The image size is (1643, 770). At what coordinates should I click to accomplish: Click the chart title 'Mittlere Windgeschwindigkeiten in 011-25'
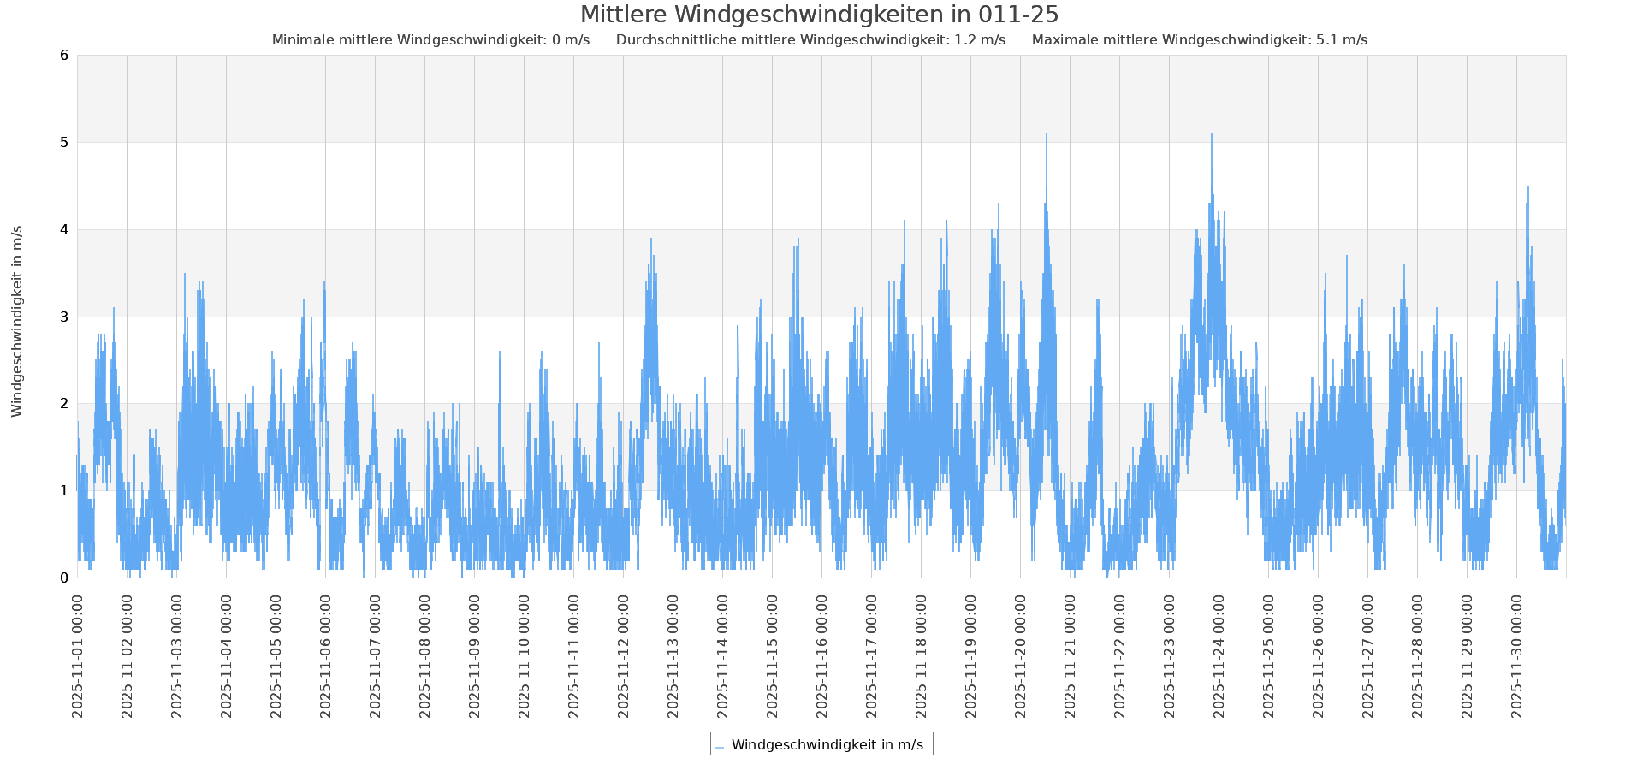click(x=819, y=15)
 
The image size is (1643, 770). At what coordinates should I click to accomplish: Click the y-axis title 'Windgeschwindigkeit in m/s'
click(x=17, y=321)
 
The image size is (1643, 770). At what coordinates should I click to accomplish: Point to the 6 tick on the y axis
click(x=64, y=56)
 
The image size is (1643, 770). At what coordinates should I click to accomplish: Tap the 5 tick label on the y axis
click(x=64, y=143)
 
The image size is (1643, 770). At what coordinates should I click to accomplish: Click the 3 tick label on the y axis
click(x=64, y=317)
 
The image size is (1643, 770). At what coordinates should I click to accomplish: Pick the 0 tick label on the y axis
click(x=64, y=577)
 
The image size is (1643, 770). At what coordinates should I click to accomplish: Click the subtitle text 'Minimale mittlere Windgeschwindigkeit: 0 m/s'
click(x=430, y=40)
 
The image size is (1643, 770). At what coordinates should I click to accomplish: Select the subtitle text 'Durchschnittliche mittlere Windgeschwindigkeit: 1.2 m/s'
click(x=810, y=40)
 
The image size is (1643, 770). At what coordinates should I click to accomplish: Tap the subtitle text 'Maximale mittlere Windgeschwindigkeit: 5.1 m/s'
click(x=1199, y=40)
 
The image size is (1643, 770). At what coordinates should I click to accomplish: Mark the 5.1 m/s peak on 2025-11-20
click(x=1046, y=135)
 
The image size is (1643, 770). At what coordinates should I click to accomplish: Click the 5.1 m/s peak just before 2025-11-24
click(x=1212, y=135)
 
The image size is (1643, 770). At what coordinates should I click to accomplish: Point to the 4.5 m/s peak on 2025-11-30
click(x=1528, y=187)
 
